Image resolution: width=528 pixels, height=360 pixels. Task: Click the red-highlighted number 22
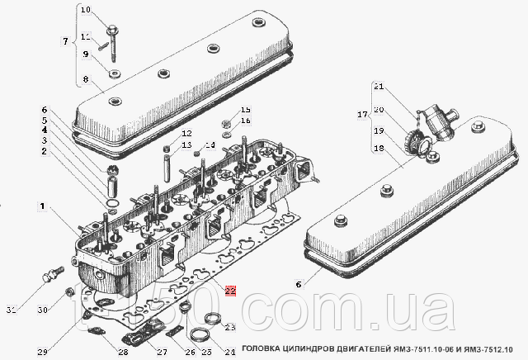tap(230, 291)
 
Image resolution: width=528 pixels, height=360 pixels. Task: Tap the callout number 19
tap(379, 130)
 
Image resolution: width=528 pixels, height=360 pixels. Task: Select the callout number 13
tap(186, 145)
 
